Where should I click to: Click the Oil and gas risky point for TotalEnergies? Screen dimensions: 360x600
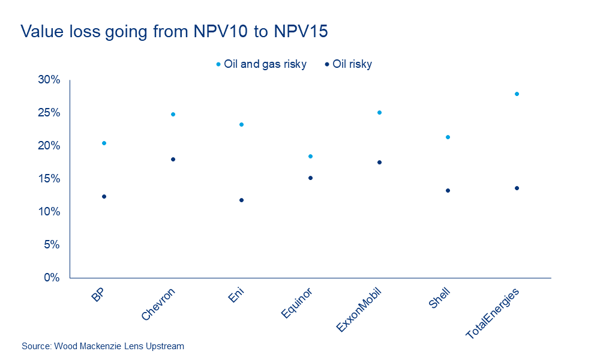(517, 94)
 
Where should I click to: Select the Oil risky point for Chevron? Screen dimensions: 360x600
(173, 159)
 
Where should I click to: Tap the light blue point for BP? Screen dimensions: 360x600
(104, 143)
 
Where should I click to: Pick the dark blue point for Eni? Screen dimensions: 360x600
(241, 200)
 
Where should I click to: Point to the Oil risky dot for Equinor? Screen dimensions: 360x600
(310, 178)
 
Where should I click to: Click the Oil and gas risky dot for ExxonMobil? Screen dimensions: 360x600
(379, 112)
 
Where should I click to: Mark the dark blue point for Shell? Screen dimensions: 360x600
(448, 190)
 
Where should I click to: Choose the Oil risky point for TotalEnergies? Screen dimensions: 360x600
(517, 188)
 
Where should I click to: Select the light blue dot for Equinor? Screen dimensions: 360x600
(310, 156)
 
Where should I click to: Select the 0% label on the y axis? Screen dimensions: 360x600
(52, 278)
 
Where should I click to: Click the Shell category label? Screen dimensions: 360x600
(440, 298)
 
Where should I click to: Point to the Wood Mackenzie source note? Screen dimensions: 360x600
(103, 346)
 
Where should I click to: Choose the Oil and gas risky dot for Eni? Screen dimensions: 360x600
(241, 124)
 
